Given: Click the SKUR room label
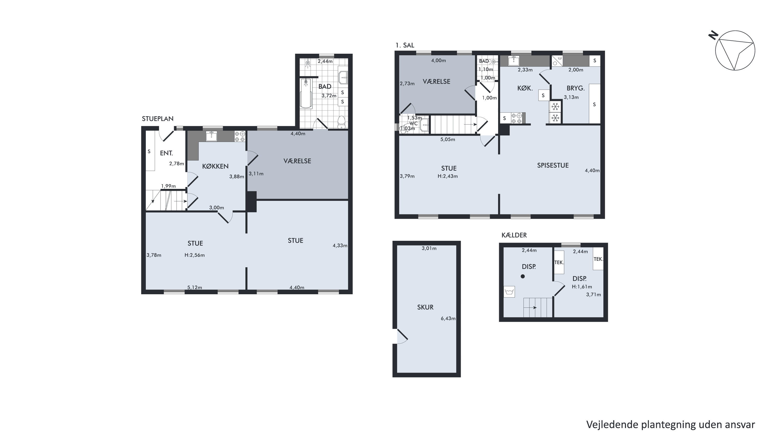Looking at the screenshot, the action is (425, 307).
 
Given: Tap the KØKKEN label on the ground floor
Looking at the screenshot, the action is (215, 166).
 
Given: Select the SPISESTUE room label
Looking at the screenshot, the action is (553, 165).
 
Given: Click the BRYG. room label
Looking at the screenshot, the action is (576, 88).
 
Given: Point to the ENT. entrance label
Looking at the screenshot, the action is (166, 153).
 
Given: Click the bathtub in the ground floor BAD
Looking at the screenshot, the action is (306, 93).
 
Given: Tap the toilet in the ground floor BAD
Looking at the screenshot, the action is (341, 122).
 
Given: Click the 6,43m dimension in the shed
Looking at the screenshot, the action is (448, 318).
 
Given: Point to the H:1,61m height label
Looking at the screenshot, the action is (582, 286).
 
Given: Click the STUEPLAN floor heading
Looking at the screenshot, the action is (158, 119).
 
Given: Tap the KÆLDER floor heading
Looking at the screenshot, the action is (514, 235).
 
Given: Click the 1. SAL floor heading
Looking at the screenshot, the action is (405, 45).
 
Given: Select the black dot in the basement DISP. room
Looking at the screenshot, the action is (523, 276).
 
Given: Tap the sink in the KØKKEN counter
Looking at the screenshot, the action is (211, 136).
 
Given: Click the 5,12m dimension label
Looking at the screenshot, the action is (195, 288).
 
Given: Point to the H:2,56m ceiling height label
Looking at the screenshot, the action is (195, 255).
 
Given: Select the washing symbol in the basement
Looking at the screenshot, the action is (509, 292).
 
